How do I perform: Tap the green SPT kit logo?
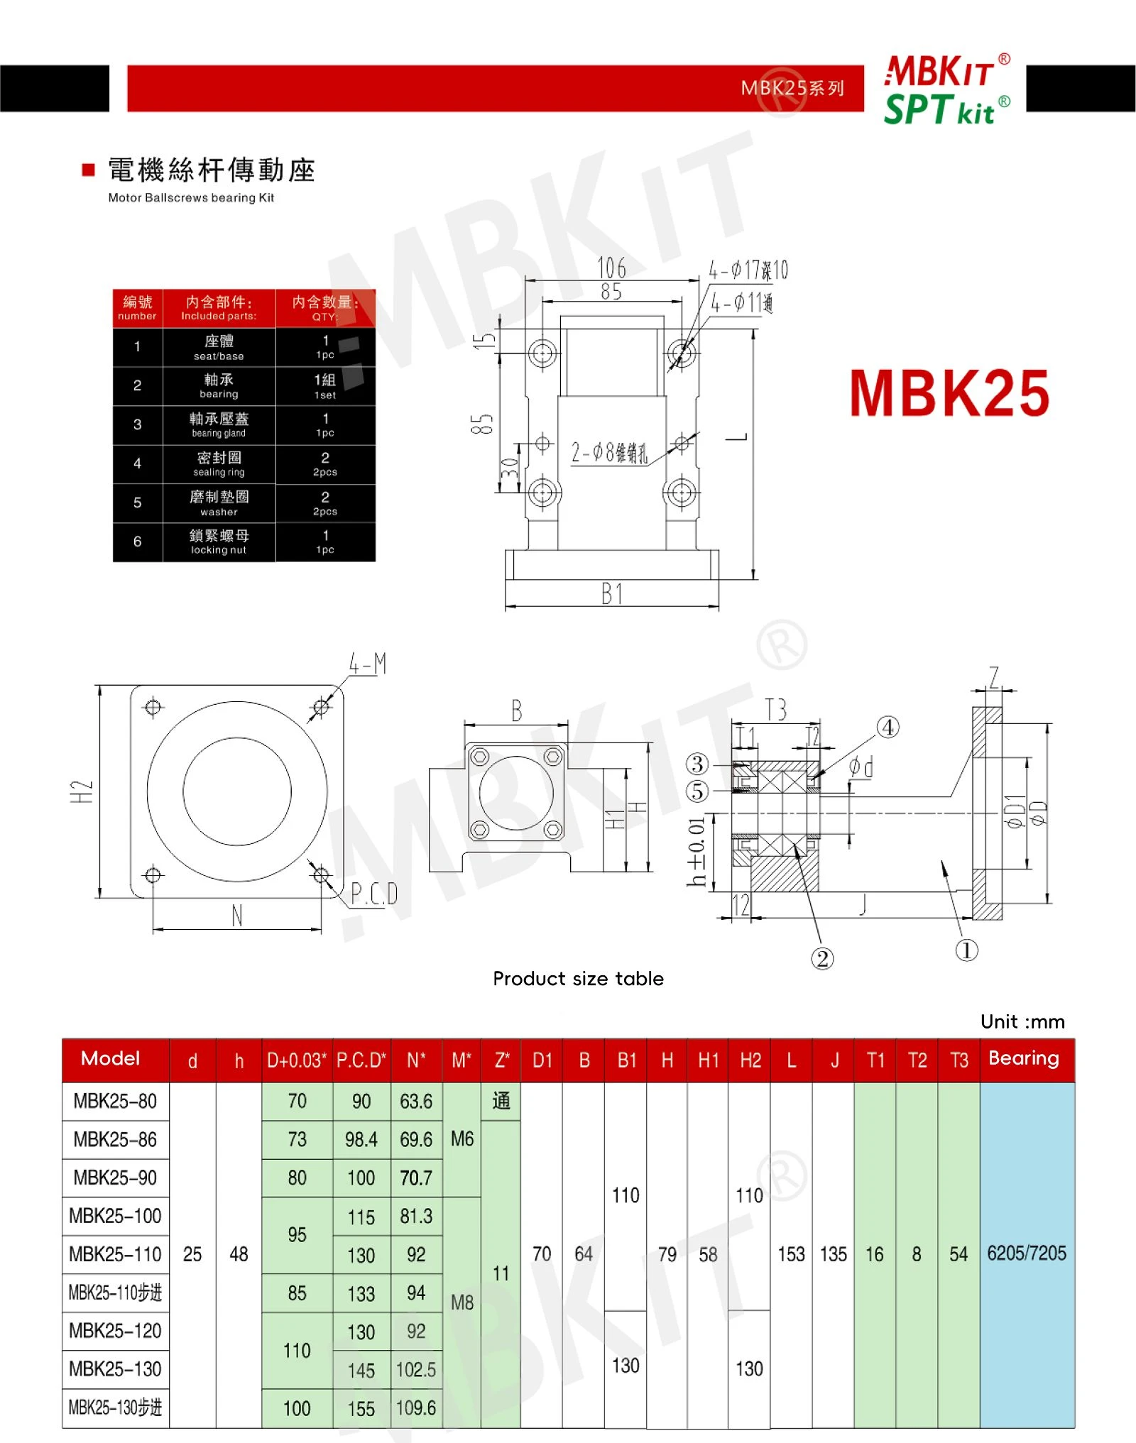[x=946, y=110]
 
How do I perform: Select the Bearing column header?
[x=1023, y=1058]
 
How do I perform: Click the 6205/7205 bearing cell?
[x=1027, y=1253]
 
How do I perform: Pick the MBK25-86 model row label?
[x=115, y=1139]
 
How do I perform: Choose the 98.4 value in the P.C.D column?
[x=361, y=1140]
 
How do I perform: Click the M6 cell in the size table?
[x=462, y=1139]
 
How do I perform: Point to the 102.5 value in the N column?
[x=416, y=1369]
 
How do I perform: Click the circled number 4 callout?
[x=887, y=728]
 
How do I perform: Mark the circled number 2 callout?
[x=822, y=959]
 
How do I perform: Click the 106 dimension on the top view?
[x=611, y=268]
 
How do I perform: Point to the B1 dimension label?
[x=612, y=593]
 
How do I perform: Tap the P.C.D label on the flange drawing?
[x=374, y=894]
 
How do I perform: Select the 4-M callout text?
[x=367, y=664]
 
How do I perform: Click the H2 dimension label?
[x=82, y=791]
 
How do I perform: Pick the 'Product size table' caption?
[x=579, y=979]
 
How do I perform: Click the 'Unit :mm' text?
[x=1022, y=1021]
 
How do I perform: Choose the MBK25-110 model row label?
[x=115, y=1254]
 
